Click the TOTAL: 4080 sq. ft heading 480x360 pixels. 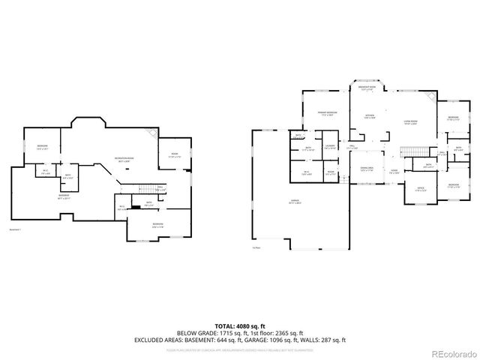[240, 325]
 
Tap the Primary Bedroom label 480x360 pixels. [327, 112]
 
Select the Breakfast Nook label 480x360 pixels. [367, 88]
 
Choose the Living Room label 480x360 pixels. [410, 121]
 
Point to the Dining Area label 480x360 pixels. [367, 169]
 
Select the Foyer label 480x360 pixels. [394, 171]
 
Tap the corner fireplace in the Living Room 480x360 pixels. [430, 98]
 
